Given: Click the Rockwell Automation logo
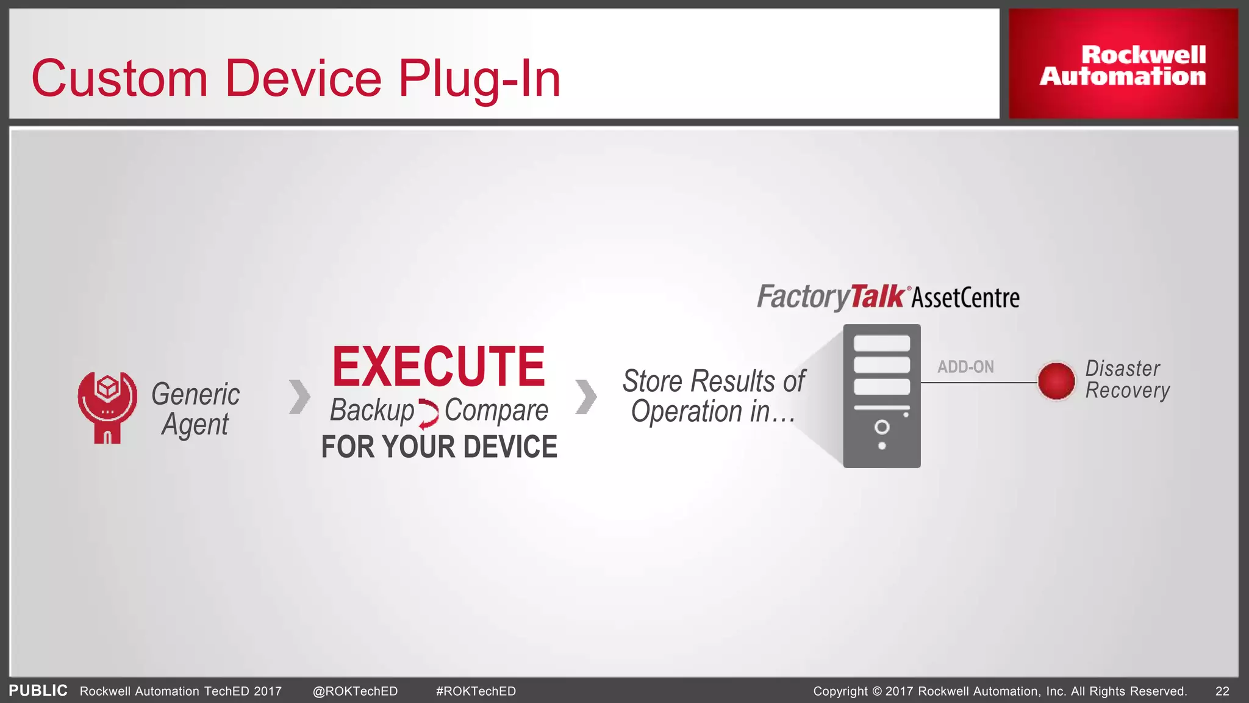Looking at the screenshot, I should coord(1123,65).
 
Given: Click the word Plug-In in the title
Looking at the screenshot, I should coord(479,79).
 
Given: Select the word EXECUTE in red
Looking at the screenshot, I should coord(438,367).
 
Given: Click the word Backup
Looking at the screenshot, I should coord(372,410).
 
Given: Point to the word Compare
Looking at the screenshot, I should coord(496,411).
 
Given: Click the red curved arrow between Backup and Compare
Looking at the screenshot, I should coord(429,414).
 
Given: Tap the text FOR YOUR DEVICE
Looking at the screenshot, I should coord(439,447).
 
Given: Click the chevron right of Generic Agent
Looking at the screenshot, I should coord(299,397).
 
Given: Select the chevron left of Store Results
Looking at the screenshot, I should coord(586,397).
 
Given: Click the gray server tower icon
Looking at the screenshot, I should coord(882,396).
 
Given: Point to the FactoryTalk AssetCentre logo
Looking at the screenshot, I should coord(888,297).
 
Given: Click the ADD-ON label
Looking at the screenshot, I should coord(965,367).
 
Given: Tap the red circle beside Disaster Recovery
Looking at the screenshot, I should coord(1056,381).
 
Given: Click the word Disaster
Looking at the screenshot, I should coord(1122,369).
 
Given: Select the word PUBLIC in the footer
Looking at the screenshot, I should coord(38,690).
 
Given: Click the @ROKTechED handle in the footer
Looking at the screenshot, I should coord(355,691).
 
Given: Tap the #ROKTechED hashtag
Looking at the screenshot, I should coord(476,691).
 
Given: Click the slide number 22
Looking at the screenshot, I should coord(1222,691).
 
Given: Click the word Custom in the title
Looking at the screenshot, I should coord(120,79).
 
